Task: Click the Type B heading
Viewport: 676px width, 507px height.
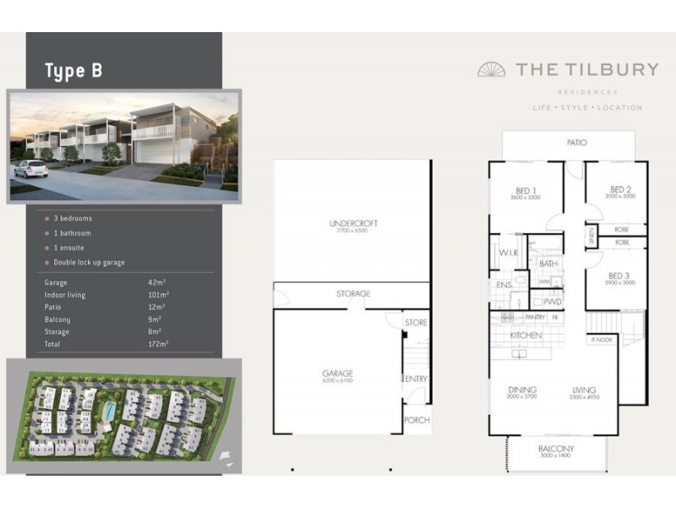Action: (74, 71)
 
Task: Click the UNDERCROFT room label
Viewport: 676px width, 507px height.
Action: (353, 223)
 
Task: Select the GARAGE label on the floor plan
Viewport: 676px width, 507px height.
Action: (337, 373)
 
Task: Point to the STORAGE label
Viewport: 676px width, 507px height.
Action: (353, 294)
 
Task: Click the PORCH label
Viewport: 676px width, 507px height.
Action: (417, 420)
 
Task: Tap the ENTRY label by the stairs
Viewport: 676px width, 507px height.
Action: (417, 379)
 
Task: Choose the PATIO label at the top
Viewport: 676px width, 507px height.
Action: (576, 143)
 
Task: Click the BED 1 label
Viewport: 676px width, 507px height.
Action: (525, 189)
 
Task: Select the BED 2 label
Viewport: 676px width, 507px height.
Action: (620, 189)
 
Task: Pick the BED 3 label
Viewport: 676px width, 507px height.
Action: (620, 275)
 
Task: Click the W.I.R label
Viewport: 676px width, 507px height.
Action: (508, 253)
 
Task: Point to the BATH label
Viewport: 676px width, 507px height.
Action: (548, 264)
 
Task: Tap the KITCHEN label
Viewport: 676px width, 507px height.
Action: (525, 335)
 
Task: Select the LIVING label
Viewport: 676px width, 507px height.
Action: (584, 390)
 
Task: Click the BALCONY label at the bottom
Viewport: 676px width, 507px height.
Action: (556, 449)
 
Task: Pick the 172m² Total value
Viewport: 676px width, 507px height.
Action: (158, 344)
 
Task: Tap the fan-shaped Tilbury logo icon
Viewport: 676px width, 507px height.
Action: (492, 69)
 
